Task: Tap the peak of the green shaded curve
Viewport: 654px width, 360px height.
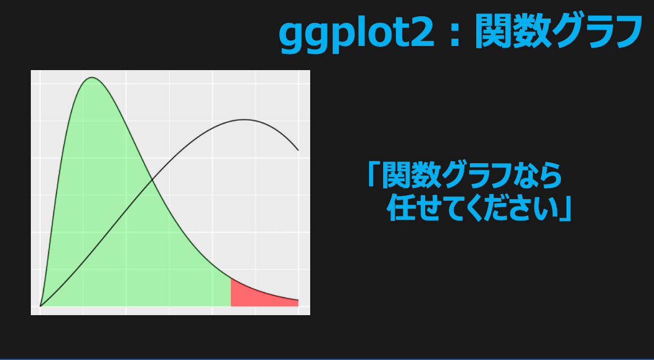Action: pos(92,77)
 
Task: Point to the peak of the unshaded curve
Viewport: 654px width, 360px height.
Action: pos(244,120)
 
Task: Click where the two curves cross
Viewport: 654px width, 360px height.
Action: pos(152,180)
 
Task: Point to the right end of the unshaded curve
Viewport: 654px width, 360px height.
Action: pos(298,150)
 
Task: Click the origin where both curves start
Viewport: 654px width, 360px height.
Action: pos(40,306)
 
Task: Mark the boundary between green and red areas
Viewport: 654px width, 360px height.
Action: pos(231,292)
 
